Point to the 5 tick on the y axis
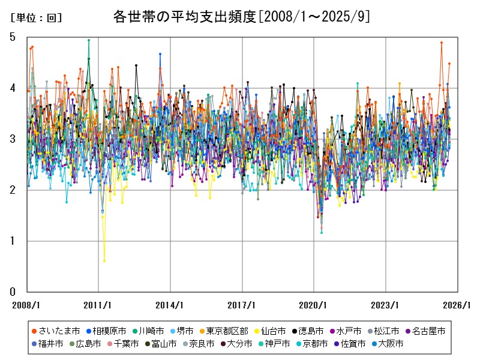[13, 37]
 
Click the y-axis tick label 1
[13, 241]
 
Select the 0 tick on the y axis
[13, 292]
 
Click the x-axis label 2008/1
[26, 305]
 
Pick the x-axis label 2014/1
[170, 305]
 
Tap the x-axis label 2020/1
[314, 305]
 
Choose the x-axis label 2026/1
[457, 305]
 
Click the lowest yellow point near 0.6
[104, 261]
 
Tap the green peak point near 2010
[89, 40]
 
